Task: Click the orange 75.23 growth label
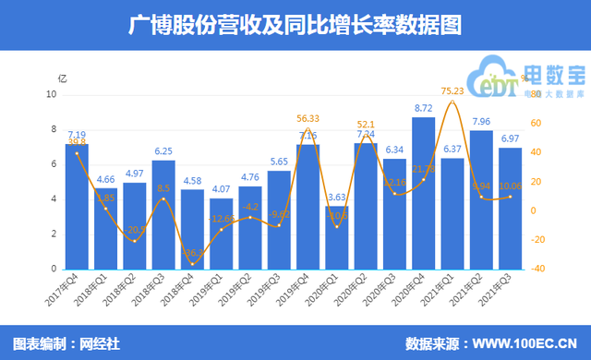pos(452,90)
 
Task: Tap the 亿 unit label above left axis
pos(62,78)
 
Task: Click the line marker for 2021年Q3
pos(510,196)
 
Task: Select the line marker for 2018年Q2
pos(135,241)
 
